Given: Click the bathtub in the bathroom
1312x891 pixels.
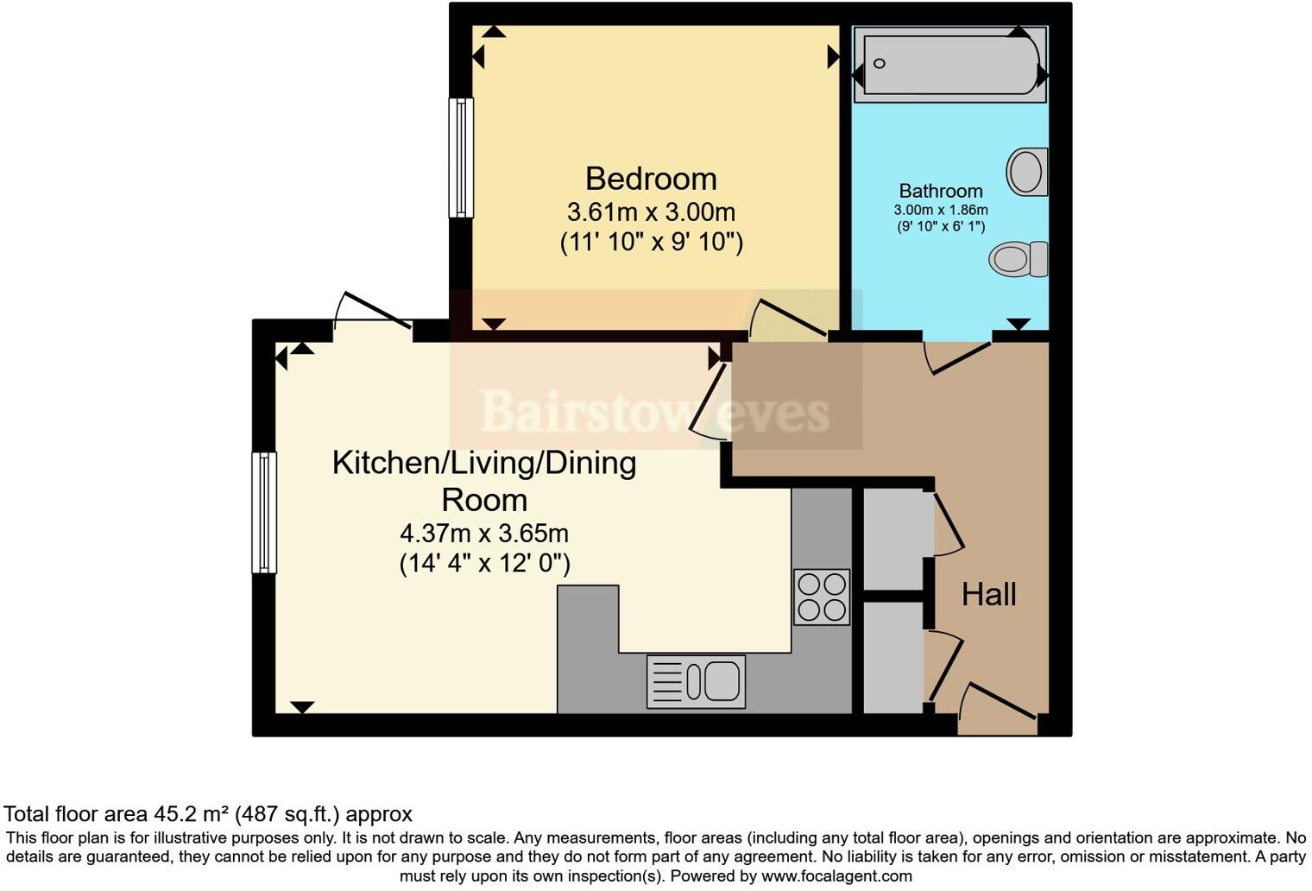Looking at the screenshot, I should coord(949,64).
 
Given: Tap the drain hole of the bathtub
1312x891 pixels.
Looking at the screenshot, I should coord(880,63).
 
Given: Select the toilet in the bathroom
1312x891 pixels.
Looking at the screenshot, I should coord(1018,258).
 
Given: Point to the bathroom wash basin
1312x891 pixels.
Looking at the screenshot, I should coord(1026,171).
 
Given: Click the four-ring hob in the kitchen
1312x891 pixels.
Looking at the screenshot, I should coord(822,597).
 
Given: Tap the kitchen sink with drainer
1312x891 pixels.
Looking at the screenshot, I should coord(696,681).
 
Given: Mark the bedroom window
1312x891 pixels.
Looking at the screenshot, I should coord(462,157).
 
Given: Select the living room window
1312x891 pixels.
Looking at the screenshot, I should coord(264,512).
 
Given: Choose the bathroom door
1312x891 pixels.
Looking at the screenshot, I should coord(956,354).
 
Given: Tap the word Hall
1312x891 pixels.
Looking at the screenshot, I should coord(988,594).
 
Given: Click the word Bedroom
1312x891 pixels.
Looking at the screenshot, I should coord(651,179).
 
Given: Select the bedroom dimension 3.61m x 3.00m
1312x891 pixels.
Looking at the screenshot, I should coord(651,212).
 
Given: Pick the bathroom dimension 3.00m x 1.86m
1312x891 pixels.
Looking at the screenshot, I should coord(940,210).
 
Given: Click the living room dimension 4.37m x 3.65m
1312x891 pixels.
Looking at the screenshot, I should coord(484,533).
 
